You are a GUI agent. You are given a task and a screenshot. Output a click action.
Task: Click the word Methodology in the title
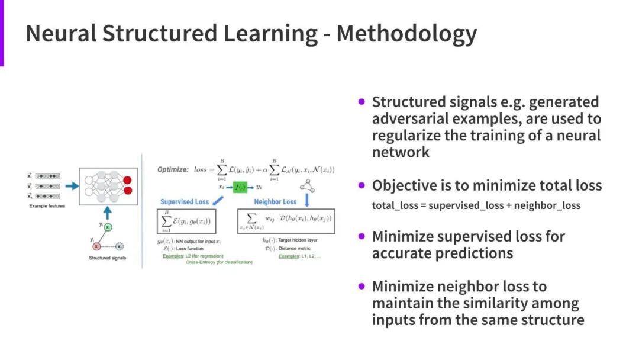pos(407,34)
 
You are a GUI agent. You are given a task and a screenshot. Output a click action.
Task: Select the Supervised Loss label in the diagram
pos(185,201)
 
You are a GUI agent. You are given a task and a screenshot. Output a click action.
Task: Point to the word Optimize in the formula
pos(172,169)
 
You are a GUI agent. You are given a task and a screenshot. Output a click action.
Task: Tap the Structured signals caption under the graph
pos(108,258)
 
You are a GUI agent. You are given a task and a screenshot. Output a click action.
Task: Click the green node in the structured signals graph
pos(109,227)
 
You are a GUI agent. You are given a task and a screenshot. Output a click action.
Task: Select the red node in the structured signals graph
pos(96,246)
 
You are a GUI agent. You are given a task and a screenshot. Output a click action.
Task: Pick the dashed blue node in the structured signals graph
pos(120,246)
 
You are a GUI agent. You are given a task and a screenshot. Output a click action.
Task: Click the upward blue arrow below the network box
pos(107,212)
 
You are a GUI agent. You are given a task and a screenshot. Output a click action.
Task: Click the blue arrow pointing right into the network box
pos(72,185)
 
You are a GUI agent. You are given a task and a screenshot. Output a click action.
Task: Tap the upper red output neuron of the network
pos(127,180)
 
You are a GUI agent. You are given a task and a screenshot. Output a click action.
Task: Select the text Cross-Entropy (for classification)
pos(219,262)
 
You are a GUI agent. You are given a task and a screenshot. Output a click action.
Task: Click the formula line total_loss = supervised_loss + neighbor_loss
pos(476,206)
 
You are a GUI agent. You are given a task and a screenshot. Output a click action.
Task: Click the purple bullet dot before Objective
pos(362,185)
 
